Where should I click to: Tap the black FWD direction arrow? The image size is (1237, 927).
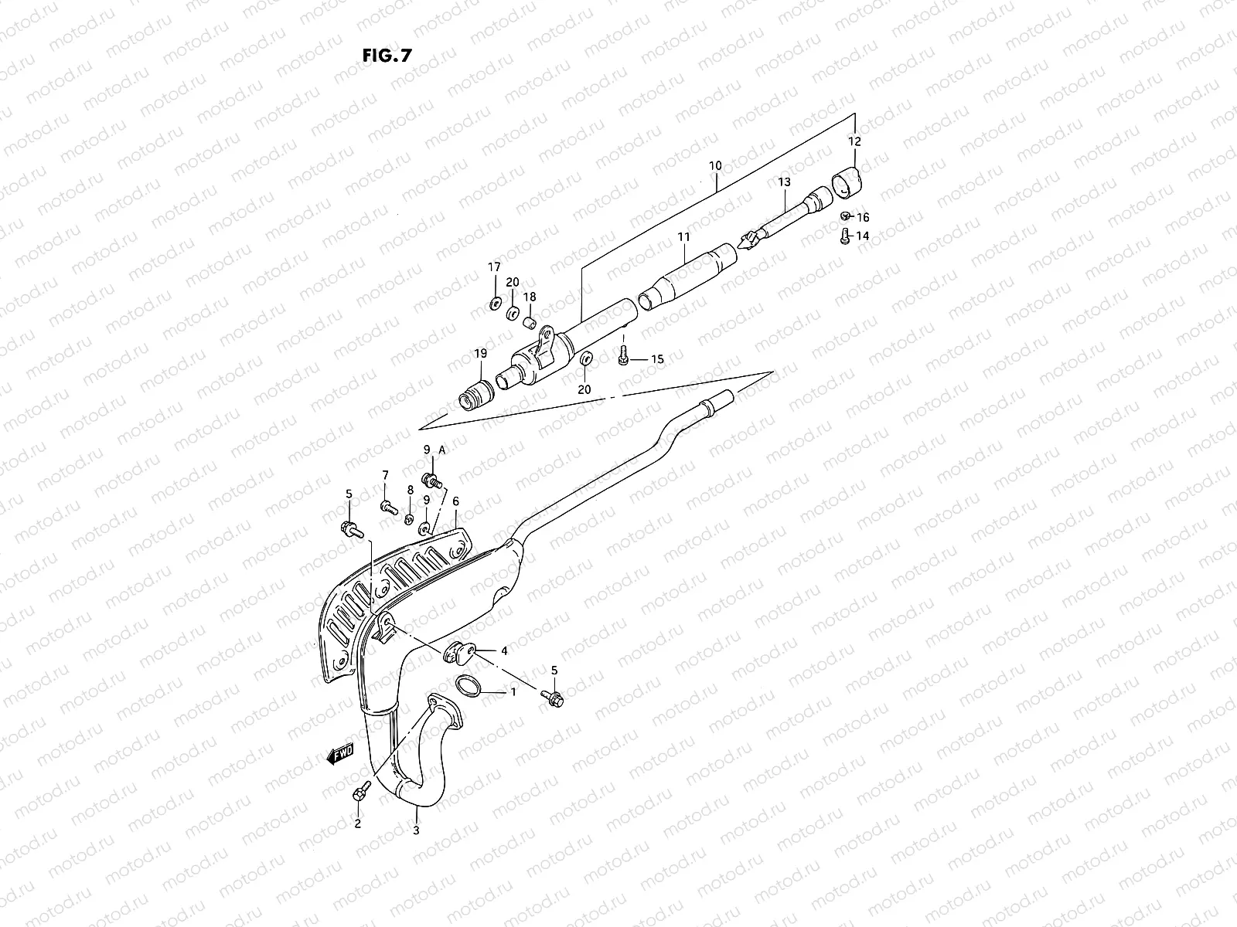pyautogui.click(x=340, y=752)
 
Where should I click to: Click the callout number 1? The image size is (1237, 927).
pyautogui.click(x=512, y=692)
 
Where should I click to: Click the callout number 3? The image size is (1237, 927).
pyautogui.click(x=416, y=831)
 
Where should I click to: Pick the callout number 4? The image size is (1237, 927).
pyautogui.click(x=504, y=651)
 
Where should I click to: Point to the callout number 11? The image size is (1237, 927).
pyautogui.click(x=683, y=236)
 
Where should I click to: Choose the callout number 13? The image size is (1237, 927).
pyautogui.click(x=785, y=182)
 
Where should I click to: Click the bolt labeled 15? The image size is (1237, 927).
pyautogui.click(x=623, y=358)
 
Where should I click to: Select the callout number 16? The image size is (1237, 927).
pyautogui.click(x=863, y=218)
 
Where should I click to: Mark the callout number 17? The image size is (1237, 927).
pyautogui.click(x=493, y=267)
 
